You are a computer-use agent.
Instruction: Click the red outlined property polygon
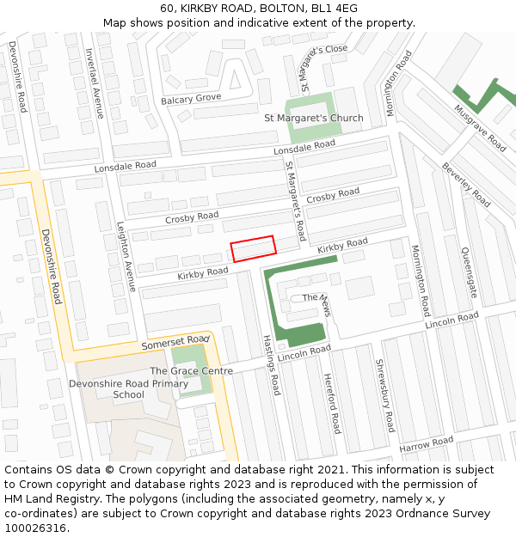point(253,248)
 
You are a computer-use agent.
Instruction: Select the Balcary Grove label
point(191,100)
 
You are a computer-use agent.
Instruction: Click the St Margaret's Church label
point(313,118)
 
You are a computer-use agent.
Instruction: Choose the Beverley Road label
point(466,185)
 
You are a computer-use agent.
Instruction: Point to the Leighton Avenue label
point(126,257)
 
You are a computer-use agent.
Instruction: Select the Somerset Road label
point(175,343)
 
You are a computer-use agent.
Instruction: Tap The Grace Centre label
point(191,370)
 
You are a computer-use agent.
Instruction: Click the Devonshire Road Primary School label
point(128,389)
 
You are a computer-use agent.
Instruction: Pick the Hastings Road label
point(270,365)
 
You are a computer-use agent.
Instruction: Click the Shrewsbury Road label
point(384,395)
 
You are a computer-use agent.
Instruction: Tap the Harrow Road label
point(426,444)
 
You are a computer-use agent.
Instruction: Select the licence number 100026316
point(37,528)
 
